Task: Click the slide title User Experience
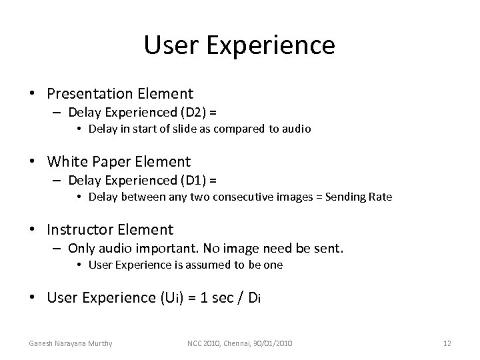[x=239, y=45]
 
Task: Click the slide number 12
[x=447, y=343]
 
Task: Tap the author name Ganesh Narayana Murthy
[x=70, y=343]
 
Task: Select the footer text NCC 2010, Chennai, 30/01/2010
[x=240, y=343]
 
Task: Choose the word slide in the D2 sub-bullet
[x=171, y=128]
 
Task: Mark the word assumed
[x=206, y=265]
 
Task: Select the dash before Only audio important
[x=59, y=249]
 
